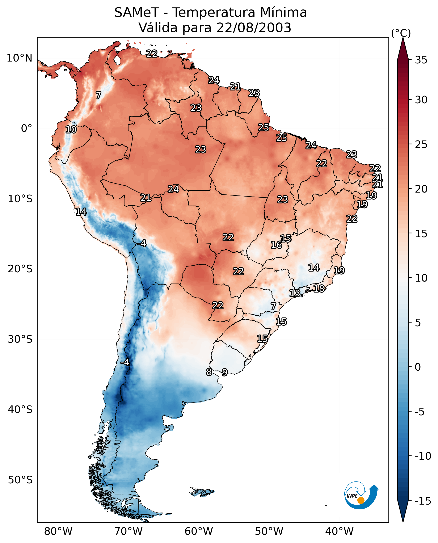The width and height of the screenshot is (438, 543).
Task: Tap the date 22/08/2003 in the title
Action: pos(254,28)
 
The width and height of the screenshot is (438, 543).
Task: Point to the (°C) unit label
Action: pos(401,33)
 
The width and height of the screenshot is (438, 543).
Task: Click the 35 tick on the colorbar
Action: pos(421,60)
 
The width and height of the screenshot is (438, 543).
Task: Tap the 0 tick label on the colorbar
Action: pos(418,367)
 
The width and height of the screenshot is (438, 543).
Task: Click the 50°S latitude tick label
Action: pos(20,480)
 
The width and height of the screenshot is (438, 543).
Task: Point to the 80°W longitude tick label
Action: pos(58,531)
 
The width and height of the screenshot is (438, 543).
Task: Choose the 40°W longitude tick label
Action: pos(339,531)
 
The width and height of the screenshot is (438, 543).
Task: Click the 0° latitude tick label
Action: pos(26,129)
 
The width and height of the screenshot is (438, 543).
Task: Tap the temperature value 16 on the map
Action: pos(276,245)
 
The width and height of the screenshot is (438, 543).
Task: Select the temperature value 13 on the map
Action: pos(294,293)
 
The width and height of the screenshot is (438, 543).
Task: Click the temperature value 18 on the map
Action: pos(319,289)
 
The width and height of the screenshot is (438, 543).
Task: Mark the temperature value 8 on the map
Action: pos(209,372)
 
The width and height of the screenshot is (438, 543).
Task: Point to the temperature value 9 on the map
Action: pos(224,372)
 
